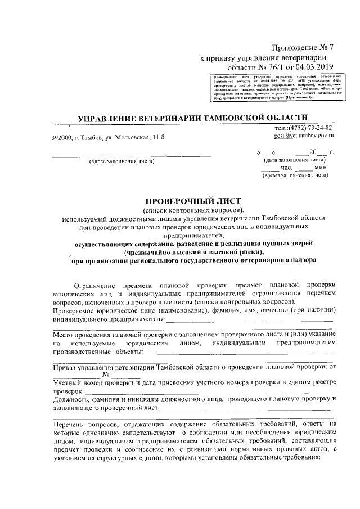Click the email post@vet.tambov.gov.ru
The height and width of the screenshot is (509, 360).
[304, 136]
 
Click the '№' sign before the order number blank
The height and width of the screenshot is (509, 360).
[105, 375]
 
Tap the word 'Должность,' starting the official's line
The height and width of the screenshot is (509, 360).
[73, 398]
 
